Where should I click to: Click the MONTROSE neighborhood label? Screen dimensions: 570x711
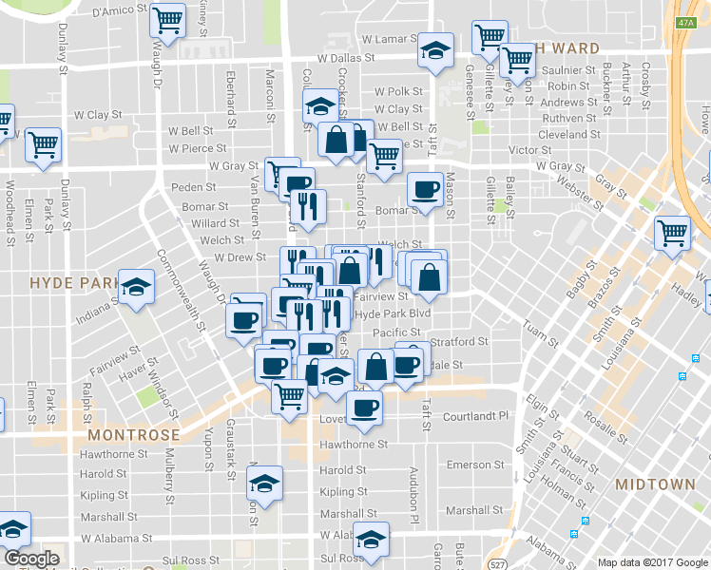pyautogui.click(x=132, y=434)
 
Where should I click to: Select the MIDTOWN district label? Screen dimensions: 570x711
pyautogui.click(x=654, y=484)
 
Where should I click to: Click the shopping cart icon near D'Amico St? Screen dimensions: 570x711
pyautogui.click(x=167, y=18)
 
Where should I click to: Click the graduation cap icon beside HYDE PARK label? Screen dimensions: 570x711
pyautogui.click(x=137, y=285)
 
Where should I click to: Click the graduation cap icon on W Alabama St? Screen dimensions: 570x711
pyautogui.click(x=371, y=537)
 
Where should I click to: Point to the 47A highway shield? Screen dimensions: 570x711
pyautogui.click(x=687, y=22)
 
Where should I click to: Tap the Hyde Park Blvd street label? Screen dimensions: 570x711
pyautogui.click(x=393, y=313)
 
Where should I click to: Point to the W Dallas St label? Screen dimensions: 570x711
pyautogui.click(x=346, y=58)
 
